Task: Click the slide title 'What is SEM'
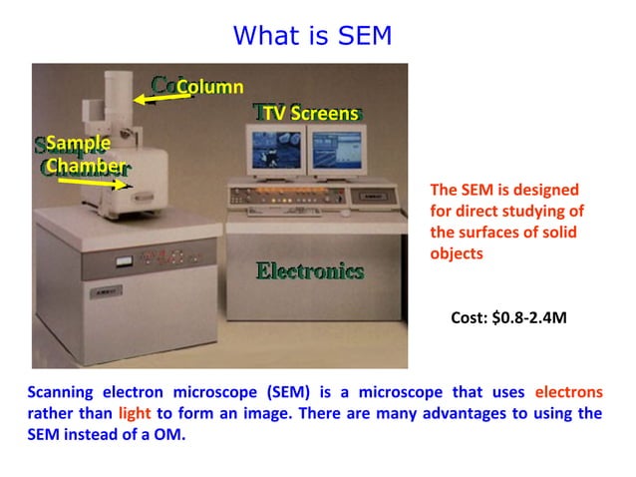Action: click(312, 36)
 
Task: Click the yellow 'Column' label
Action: click(209, 87)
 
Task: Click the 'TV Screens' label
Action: click(310, 113)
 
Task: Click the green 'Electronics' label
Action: click(310, 270)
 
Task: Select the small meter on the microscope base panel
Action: click(123, 262)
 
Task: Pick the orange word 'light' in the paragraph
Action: click(134, 412)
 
